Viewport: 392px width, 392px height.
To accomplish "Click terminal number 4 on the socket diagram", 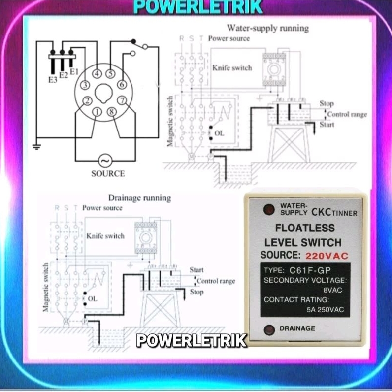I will click(x=97, y=74).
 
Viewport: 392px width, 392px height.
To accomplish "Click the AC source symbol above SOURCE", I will click(x=104, y=161).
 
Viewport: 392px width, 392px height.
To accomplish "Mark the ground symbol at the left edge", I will click(x=36, y=146).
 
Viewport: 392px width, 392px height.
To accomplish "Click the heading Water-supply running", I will click(x=267, y=28).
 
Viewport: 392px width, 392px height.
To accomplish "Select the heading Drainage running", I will click(x=139, y=198).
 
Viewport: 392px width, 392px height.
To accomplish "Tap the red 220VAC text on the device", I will click(x=326, y=256).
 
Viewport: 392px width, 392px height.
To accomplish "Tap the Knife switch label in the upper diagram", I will click(x=232, y=68).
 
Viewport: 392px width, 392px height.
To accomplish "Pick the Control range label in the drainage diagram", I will click(x=216, y=281).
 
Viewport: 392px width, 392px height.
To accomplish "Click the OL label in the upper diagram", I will click(x=219, y=133).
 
